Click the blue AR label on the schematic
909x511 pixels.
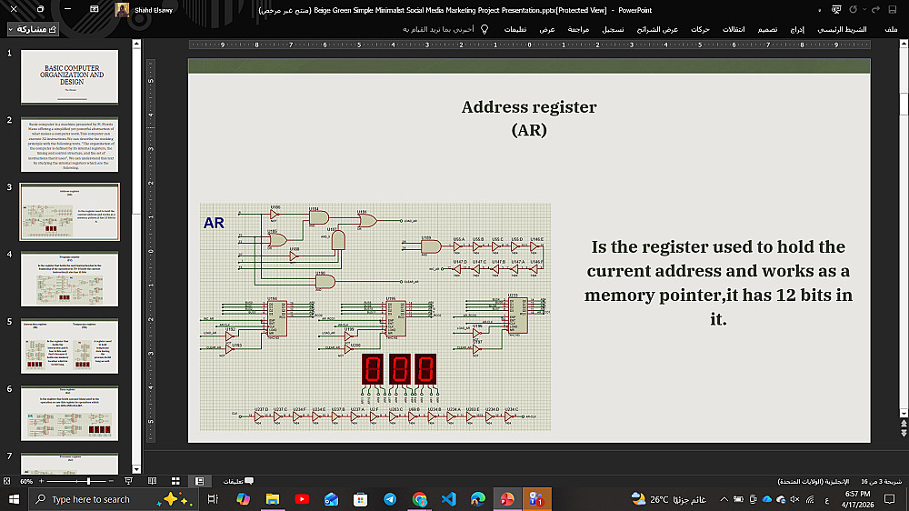(x=215, y=223)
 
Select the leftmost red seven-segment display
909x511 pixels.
(x=371, y=368)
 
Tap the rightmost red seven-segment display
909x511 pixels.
(x=425, y=368)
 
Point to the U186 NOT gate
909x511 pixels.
(x=275, y=215)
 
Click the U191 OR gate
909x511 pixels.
(x=366, y=220)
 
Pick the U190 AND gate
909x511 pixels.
(x=325, y=281)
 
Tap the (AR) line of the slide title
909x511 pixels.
(x=529, y=130)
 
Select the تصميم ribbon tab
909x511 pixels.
(x=767, y=29)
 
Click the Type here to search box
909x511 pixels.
(x=91, y=499)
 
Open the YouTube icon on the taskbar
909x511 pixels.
(x=302, y=499)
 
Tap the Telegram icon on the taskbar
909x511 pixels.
(x=390, y=499)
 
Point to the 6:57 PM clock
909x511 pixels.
(x=857, y=493)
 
